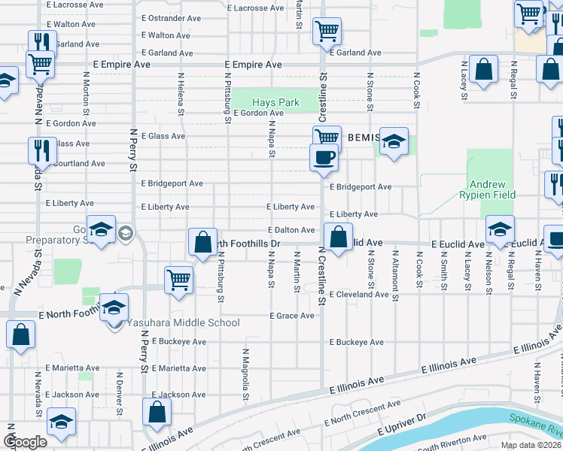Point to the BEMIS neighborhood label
click(366, 138)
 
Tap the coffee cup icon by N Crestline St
click(324, 157)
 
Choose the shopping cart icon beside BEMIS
click(327, 137)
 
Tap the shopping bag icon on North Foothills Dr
click(202, 241)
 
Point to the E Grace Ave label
click(292, 316)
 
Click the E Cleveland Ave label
click(359, 294)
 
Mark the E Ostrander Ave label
click(171, 18)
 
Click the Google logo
click(25, 442)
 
